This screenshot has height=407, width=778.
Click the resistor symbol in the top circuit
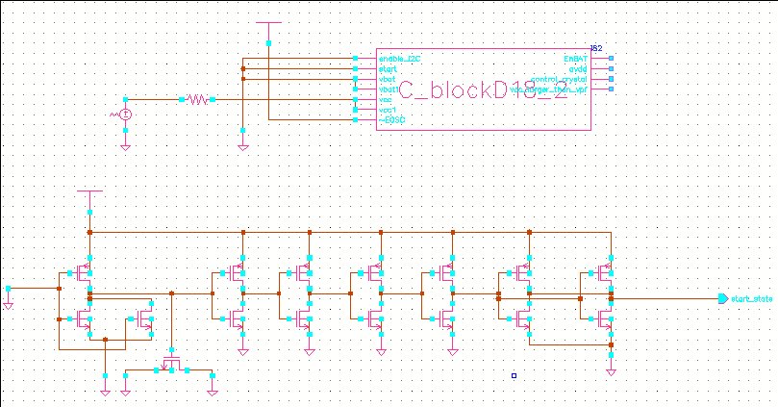[x=197, y=99]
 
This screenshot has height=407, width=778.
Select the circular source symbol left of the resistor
[x=124, y=114]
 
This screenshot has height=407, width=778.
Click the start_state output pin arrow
[x=723, y=298]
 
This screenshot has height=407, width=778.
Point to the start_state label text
[x=752, y=299]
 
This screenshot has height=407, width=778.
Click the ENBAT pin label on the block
[x=574, y=59]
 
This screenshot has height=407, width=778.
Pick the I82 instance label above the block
[x=596, y=48]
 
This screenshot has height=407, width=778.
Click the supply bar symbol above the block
[x=270, y=23]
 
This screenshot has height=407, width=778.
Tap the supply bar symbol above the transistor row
[x=88, y=192]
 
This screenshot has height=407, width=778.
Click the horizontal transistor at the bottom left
[x=171, y=365]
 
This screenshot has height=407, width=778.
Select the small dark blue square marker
[x=514, y=375]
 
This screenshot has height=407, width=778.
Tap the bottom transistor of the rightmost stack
[x=605, y=318]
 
